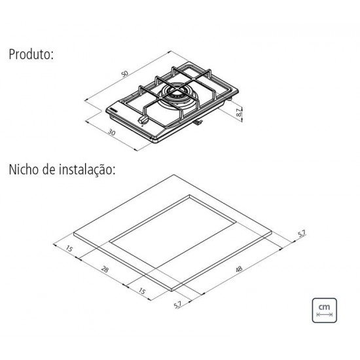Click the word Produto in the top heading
click(30, 55)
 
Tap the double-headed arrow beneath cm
click(323, 315)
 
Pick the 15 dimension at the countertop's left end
click(69, 248)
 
